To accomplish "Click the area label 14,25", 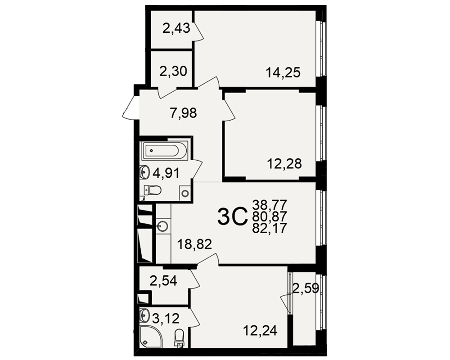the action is tap(283, 72).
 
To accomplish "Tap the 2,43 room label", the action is tap(176, 28).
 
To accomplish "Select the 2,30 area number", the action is tap(173, 71).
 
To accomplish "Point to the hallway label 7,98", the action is tap(183, 112).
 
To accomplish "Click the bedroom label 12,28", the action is tap(284, 164).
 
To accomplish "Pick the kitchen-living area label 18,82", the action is tap(194, 244).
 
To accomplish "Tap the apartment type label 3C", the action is tap(232, 217).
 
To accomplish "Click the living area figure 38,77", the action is tap(270, 205).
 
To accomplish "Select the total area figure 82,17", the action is tap(270, 228).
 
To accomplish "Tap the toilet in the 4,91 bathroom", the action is tap(152, 190).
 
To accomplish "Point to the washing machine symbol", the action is tap(185, 193).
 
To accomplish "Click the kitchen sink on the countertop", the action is tap(163, 226).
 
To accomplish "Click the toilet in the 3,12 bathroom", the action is tap(180, 337).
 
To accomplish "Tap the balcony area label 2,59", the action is tap(306, 288).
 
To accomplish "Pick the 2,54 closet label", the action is tap(163, 280).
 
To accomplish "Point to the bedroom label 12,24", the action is tap(260, 330).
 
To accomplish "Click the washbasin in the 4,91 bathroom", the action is tap(144, 171).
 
